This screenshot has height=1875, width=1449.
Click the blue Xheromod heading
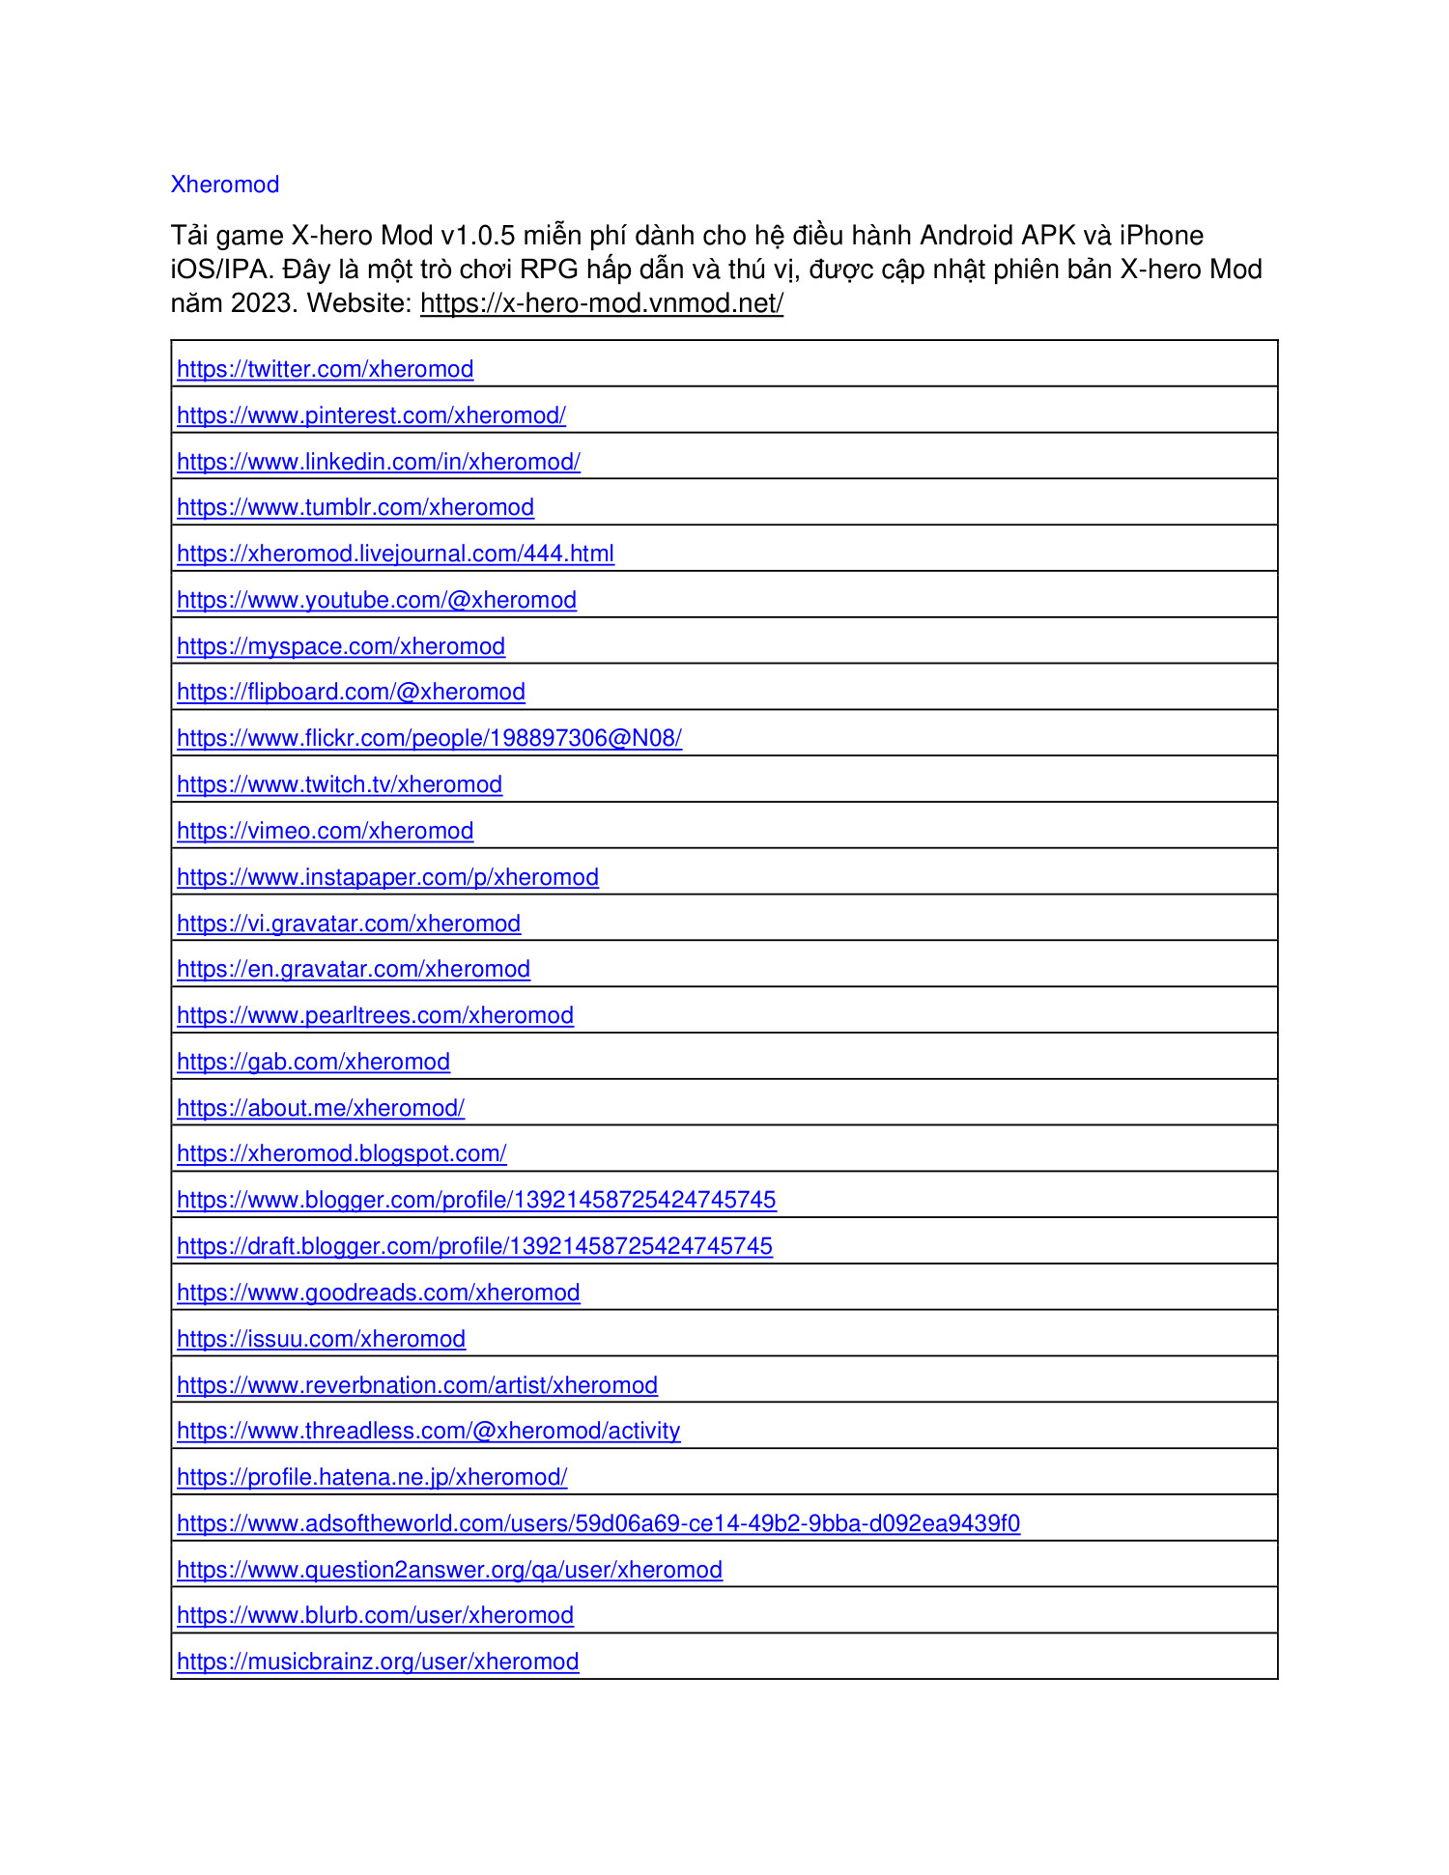coord(224,185)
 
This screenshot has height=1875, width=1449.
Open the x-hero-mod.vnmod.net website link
coord(601,303)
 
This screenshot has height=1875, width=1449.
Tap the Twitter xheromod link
coord(325,369)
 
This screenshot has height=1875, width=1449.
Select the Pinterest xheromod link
coord(371,415)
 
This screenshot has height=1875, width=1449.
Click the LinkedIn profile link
coord(378,462)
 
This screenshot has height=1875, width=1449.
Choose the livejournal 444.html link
coord(395,554)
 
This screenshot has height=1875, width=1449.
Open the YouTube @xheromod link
coord(377,600)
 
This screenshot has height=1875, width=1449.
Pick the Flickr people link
coord(429,738)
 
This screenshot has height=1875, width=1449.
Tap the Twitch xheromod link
coord(339,784)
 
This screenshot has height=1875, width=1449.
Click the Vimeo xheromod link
coord(325,831)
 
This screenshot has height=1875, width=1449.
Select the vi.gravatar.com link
coord(349,923)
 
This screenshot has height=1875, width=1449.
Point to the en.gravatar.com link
coord(354,969)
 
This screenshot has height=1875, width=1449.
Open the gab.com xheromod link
coord(313,1062)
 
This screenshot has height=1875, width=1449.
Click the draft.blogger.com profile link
coord(474,1246)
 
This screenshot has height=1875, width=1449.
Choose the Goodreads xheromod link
coord(378,1293)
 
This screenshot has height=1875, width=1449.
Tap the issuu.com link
coord(321,1339)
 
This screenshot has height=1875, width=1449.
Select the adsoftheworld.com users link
coord(598,1523)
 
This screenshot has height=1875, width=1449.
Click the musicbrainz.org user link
coord(378,1662)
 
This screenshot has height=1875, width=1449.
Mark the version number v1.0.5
coord(478,236)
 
